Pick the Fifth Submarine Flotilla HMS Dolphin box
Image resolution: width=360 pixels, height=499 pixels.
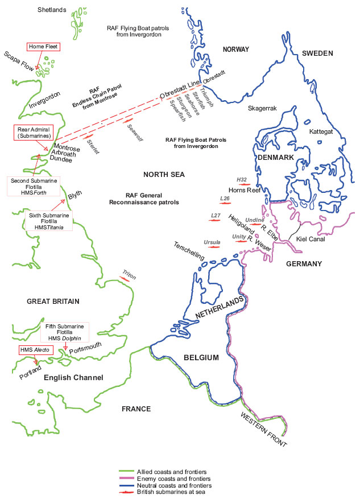click(65, 332)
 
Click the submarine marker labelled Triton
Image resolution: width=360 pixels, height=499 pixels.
click(128, 278)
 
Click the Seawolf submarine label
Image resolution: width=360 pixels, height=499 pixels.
click(134, 133)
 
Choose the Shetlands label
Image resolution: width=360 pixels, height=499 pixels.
click(52, 10)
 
